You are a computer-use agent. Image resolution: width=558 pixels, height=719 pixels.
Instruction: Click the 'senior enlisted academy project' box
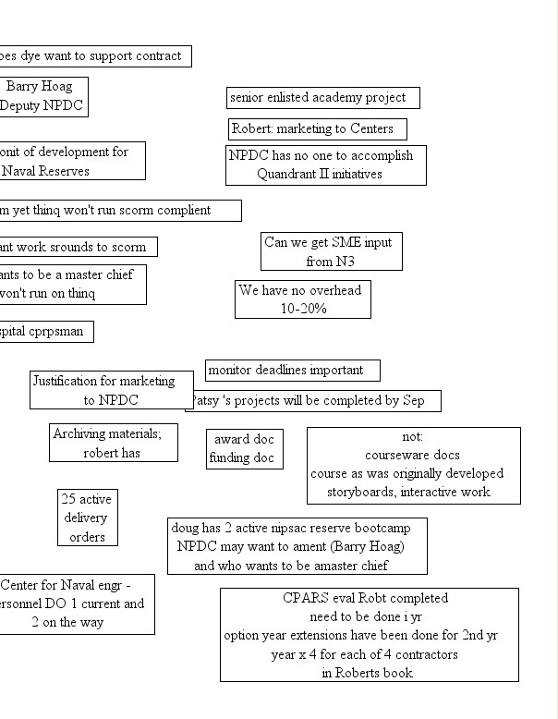point(322,97)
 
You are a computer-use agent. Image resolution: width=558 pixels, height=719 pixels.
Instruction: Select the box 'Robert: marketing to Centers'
point(317,128)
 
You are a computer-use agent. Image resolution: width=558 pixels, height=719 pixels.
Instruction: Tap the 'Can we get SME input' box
point(332,251)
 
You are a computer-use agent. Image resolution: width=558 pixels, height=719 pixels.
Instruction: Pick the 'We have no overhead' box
point(302,299)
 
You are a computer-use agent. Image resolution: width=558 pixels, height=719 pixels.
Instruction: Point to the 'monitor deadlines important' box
point(292,371)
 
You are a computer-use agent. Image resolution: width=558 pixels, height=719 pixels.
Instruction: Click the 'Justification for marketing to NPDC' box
point(111,390)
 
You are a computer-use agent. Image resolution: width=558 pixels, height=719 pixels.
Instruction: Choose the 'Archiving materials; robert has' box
point(113,443)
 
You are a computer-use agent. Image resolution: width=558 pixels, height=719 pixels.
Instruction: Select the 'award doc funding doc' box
point(244,448)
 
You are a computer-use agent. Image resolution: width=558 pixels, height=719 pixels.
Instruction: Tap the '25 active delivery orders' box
point(86,518)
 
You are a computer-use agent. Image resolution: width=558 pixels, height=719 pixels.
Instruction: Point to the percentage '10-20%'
point(303,310)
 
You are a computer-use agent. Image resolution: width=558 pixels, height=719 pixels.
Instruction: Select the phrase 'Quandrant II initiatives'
point(319,174)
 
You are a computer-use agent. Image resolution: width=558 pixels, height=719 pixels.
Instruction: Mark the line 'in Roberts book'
point(367,673)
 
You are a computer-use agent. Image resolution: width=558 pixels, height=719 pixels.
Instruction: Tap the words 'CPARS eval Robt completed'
point(365,598)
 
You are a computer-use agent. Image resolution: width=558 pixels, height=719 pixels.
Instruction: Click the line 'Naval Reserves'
point(45,170)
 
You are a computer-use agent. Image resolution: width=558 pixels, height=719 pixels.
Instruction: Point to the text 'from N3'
point(331,262)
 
